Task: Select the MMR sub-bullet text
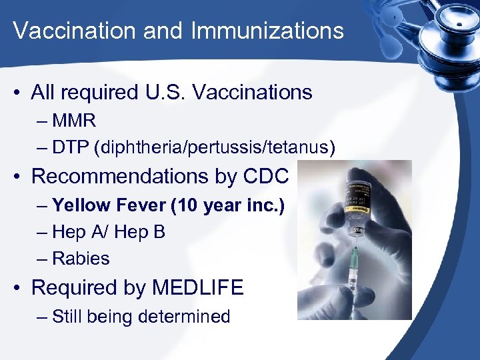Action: tap(74, 121)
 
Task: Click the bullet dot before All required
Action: tap(21, 93)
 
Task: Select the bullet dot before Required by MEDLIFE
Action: tap(21, 289)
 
